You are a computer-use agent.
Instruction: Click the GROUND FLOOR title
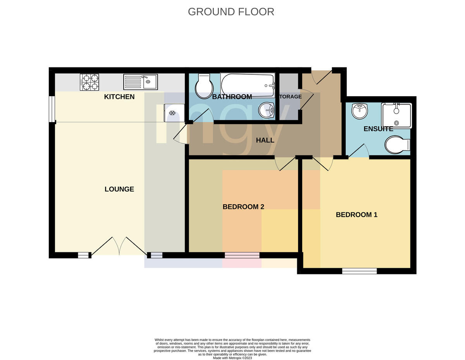point(231,12)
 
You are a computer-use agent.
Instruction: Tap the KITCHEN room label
point(119,97)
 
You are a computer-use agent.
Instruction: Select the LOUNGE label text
point(119,189)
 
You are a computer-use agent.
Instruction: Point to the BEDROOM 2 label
point(243,207)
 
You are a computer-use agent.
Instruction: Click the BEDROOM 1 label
point(356,215)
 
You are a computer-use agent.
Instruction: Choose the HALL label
point(265,140)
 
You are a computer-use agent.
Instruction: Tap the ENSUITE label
point(378,129)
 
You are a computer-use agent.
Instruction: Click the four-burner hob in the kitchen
point(90,82)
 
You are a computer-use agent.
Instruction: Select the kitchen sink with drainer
point(140,82)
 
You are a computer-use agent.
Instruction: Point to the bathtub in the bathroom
point(248,85)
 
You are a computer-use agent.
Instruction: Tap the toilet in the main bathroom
point(204,86)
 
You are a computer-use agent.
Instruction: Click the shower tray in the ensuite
point(396,115)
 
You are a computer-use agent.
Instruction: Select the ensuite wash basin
point(360,111)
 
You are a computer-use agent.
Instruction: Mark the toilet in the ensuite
point(397,145)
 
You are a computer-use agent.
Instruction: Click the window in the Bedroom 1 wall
point(359,271)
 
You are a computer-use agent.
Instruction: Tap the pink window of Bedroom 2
point(242,255)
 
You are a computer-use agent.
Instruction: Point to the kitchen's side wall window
point(52,109)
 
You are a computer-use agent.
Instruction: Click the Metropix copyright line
point(232,358)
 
